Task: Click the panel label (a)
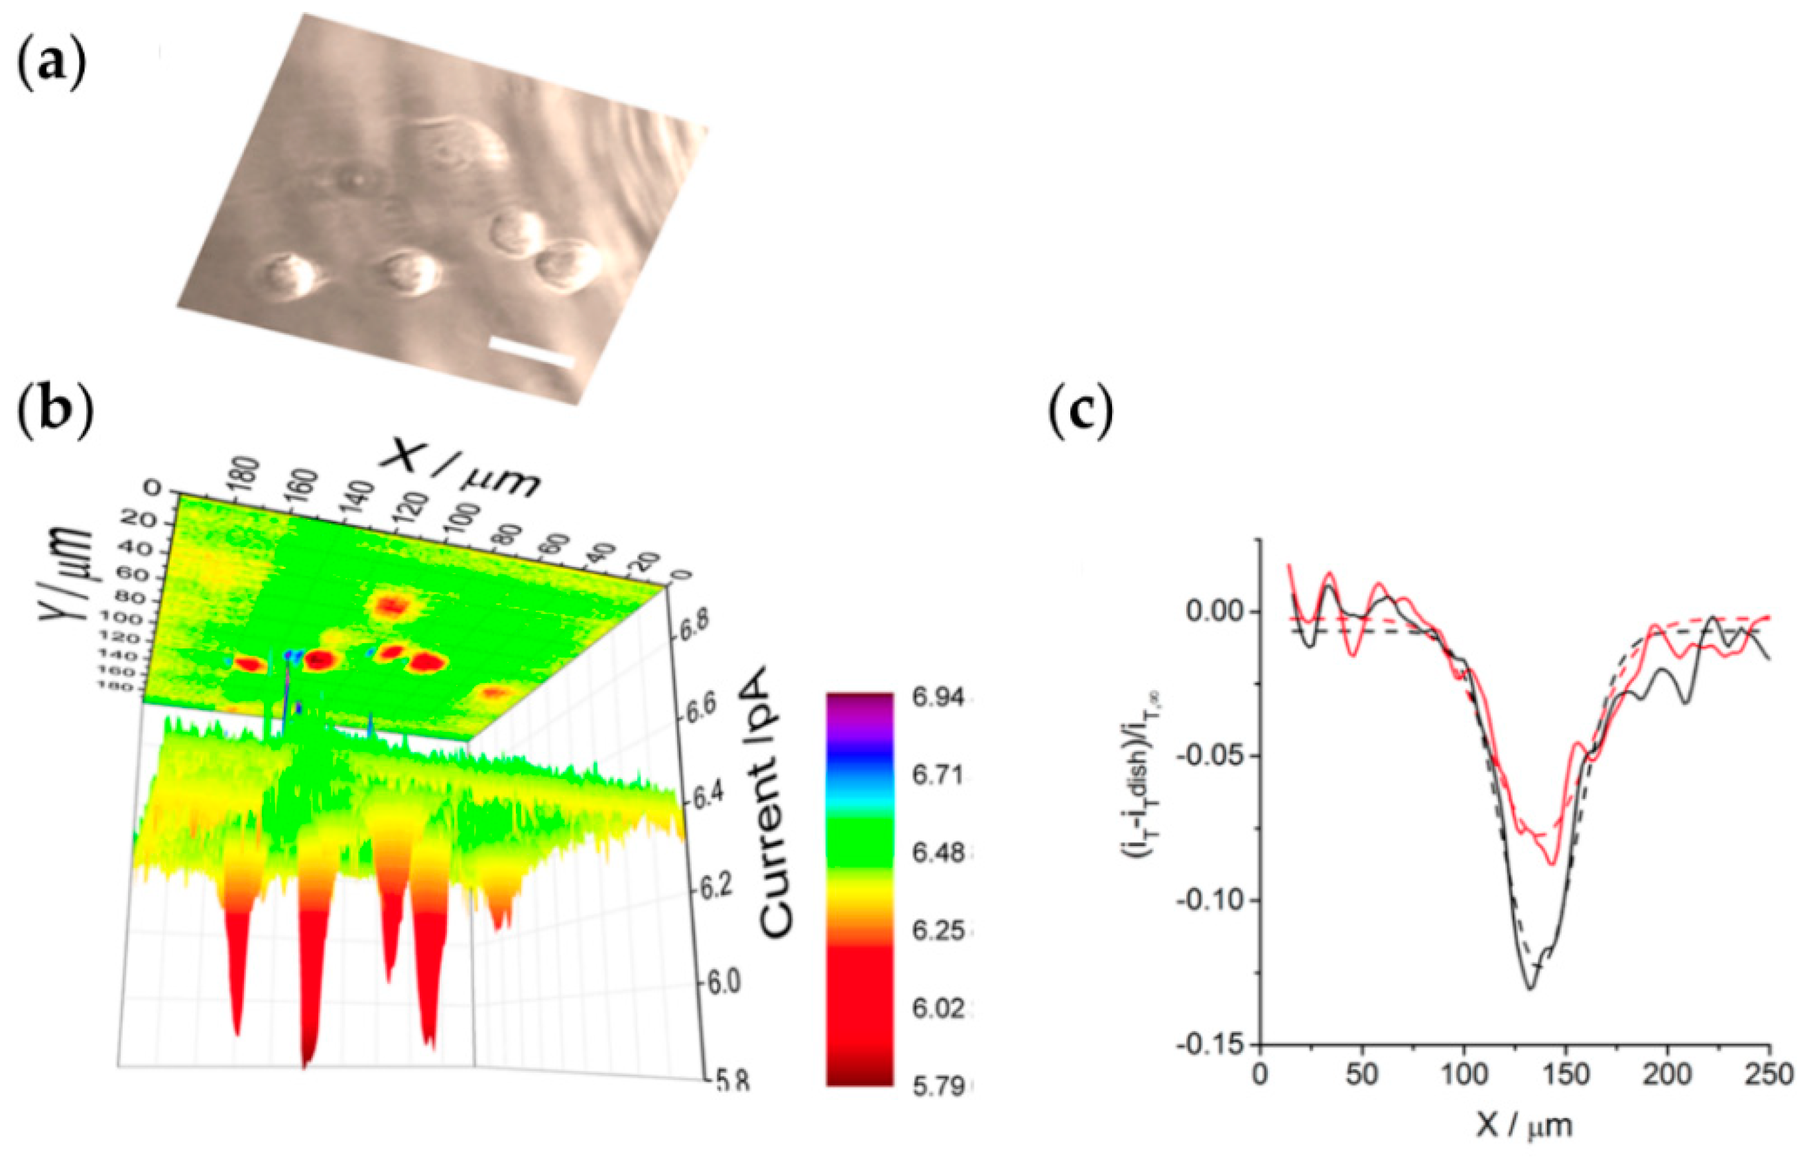pyautogui.click(x=51, y=66)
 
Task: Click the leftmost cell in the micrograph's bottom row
pyautogui.click(x=289, y=276)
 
